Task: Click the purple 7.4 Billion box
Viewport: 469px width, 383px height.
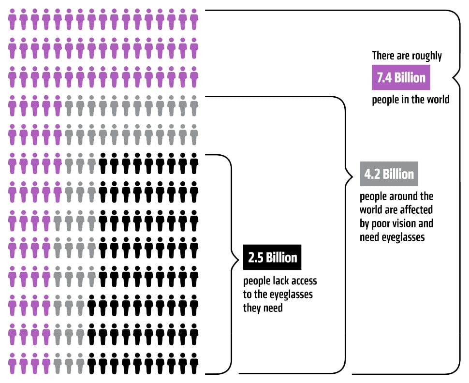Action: coord(401,77)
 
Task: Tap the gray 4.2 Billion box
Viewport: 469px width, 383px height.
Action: coord(389,174)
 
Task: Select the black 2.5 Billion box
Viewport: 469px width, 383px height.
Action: coord(272,257)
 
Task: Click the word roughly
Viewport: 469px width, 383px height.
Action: coord(426,56)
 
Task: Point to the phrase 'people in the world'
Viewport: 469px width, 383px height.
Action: coord(410,100)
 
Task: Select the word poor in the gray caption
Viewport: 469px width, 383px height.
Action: coord(381,224)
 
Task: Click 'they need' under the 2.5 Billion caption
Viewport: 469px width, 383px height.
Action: coord(263,308)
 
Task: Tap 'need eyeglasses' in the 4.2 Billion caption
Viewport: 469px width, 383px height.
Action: coord(392,237)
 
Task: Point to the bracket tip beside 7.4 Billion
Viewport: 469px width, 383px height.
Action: coord(453,78)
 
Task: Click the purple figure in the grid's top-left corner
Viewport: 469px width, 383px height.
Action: coord(12,19)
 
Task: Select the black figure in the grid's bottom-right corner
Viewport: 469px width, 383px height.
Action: coord(194,364)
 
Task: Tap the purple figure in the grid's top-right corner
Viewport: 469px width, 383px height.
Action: coord(194,19)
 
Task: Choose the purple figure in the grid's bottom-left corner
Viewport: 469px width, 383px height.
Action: coord(12,364)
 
